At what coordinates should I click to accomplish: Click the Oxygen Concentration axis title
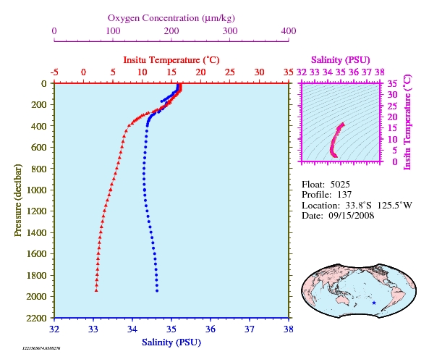coord(171,18)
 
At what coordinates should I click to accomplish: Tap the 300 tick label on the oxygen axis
coord(230,31)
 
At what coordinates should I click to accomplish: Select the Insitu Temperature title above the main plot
coord(171,60)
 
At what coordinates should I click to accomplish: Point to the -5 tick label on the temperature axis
coord(54,72)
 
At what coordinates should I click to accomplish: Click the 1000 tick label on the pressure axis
coord(36,190)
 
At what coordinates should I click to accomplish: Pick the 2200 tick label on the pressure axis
coord(36,318)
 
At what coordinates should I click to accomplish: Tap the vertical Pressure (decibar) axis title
coord(18,200)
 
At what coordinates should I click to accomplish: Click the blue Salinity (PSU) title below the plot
coord(171,342)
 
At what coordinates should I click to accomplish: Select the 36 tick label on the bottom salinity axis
coord(211,329)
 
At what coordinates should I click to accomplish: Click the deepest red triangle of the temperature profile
coord(96,290)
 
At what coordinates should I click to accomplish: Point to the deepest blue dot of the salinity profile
coord(157,291)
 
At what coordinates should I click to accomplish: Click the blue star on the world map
coord(374,303)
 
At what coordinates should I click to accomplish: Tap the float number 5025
coord(340,185)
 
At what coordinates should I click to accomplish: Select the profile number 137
coord(344,195)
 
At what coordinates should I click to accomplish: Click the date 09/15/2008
coord(352,216)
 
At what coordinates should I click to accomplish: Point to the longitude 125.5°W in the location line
coord(394,206)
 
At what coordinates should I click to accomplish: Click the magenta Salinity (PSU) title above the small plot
coord(340,60)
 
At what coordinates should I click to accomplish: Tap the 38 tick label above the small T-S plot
coord(380,72)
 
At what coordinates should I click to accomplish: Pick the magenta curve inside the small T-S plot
coord(335,140)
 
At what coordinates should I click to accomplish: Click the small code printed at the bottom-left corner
coord(41,348)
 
